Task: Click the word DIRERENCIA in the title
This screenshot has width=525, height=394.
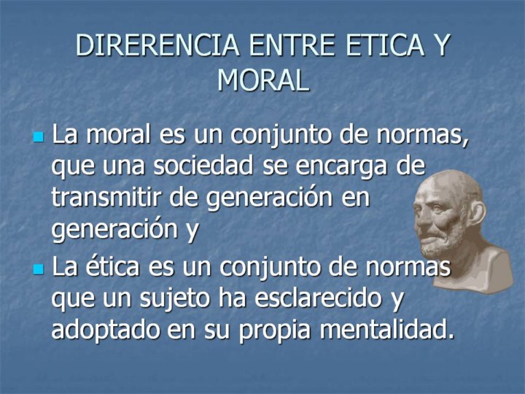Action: pyautogui.click(x=157, y=45)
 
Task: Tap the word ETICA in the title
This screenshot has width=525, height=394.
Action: pyautogui.click(x=385, y=45)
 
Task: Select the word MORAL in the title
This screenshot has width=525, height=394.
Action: pyautogui.click(x=262, y=80)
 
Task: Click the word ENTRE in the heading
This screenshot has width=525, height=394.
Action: pyautogui.click(x=292, y=45)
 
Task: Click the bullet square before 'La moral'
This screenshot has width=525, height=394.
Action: pyautogui.click(x=39, y=136)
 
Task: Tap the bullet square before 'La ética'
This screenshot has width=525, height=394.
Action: pyautogui.click(x=39, y=269)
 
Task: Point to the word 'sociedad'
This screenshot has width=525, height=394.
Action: pyautogui.click(x=203, y=165)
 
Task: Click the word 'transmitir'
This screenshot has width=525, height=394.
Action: pyautogui.click(x=106, y=197)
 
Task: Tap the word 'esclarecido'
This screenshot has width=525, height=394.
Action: pyautogui.click(x=318, y=297)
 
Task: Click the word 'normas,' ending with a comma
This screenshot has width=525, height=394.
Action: pyautogui.click(x=422, y=135)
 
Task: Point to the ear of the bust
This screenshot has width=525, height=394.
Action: pyautogui.click(x=478, y=215)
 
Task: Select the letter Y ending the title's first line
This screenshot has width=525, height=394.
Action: pyautogui.click(x=441, y=45)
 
